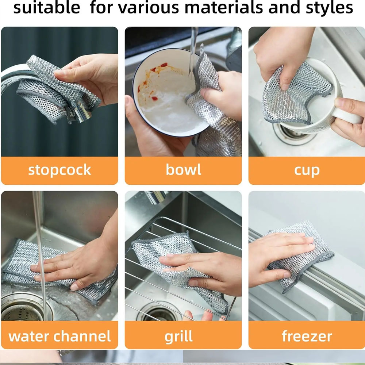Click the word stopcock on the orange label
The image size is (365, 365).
[x=59, y=170]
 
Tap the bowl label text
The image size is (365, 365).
[x=183, y=170]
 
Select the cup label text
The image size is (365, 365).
[x=307, y=170]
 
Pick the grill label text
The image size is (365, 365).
[x=178, y=336]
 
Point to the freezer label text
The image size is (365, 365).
[x=307, y=336]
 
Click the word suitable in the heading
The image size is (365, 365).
[x=46, y=8]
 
